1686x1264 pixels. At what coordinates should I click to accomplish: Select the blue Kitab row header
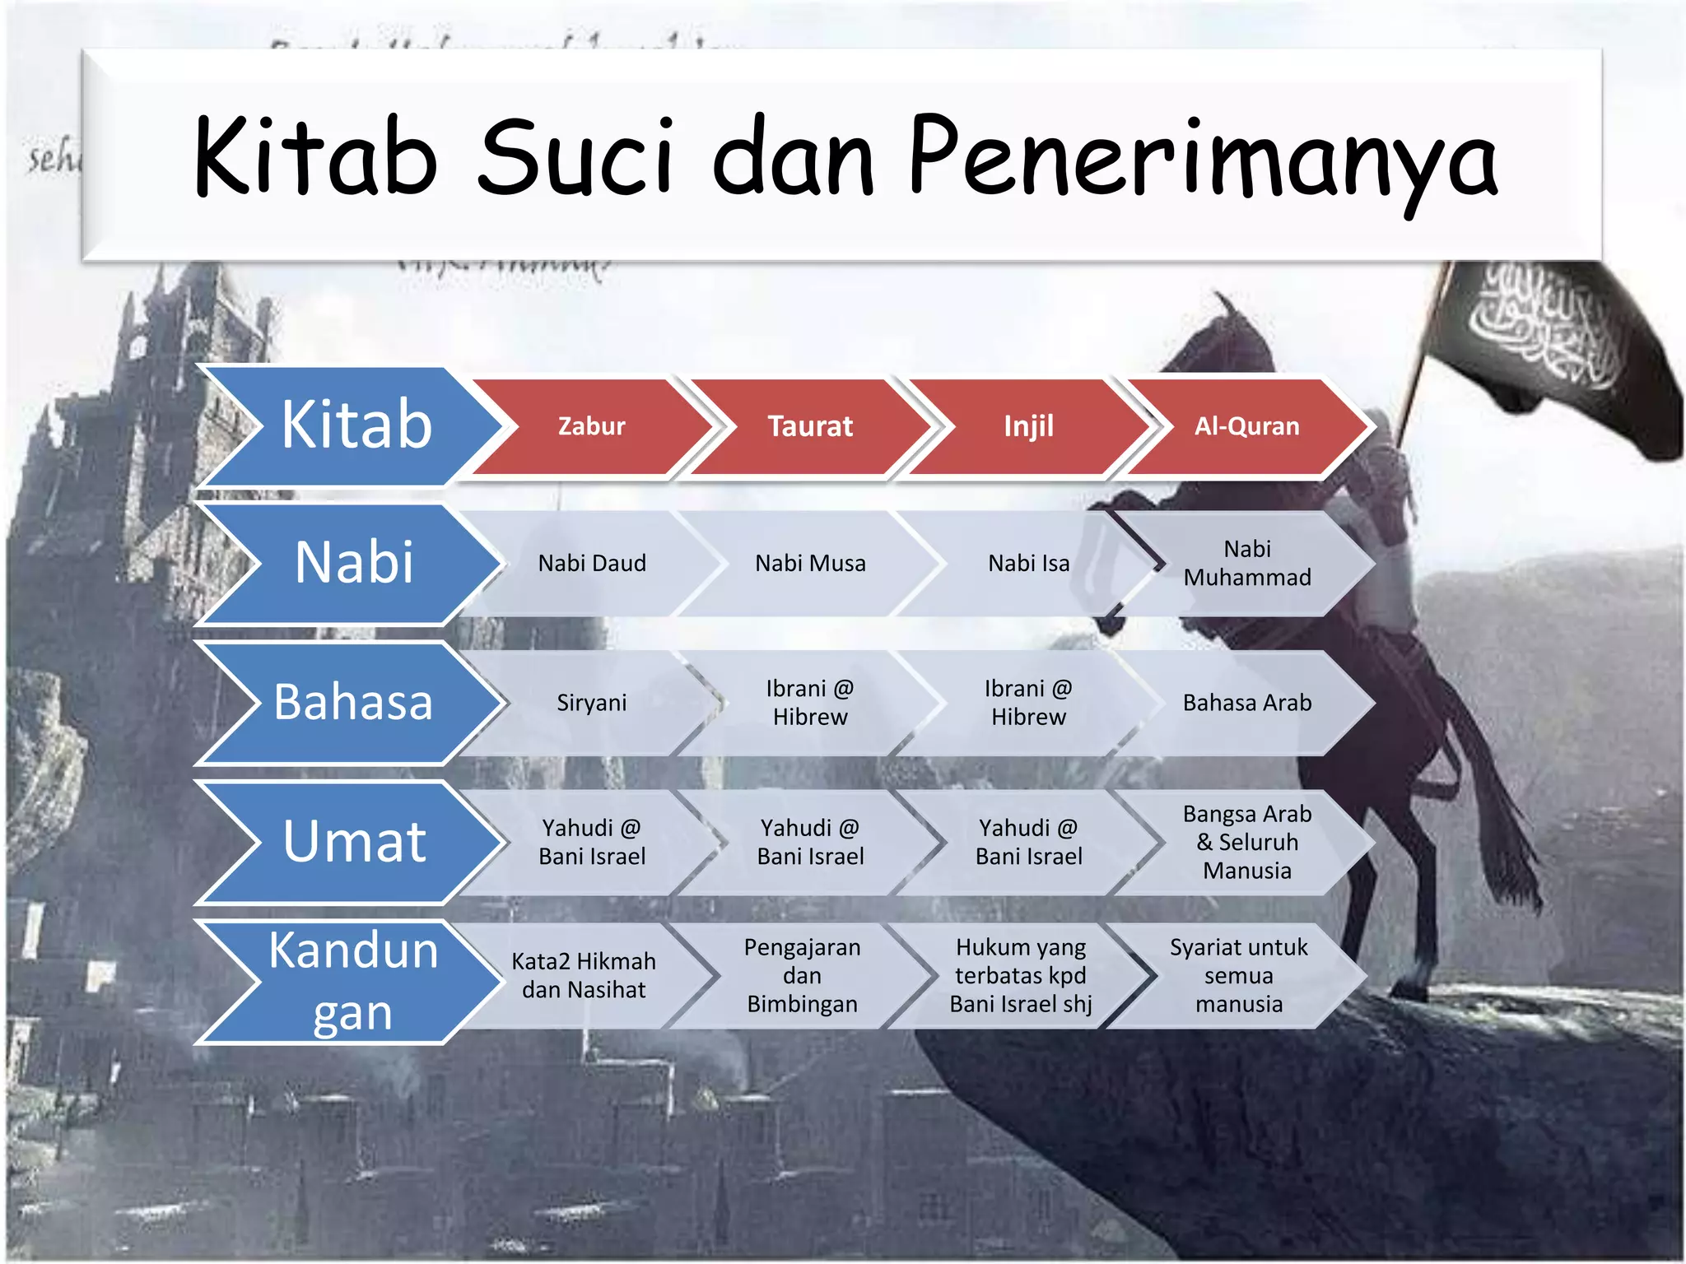pyautogui.click(x=355, y=425)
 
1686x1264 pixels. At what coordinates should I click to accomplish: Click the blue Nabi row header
pyautogui.click(x=354, y=563)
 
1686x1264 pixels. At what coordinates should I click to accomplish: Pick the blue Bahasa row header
pyautogui.click(x=353, y=702)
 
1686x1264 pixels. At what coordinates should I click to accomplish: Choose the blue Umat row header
pyautogui.click(x=354, y=841)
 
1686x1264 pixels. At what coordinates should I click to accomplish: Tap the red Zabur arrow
pyautogui.click(x=591, y=426)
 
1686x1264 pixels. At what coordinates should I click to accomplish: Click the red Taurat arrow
pyautogui.click(x=810, y=426)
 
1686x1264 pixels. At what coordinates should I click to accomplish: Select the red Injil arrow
pyautogui.click(x=1028, y=426)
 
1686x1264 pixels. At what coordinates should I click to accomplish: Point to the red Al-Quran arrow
pyautogui.click(x=1246, y=426)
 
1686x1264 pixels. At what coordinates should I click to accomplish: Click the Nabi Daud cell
pyautogui.click(x=591, y=564)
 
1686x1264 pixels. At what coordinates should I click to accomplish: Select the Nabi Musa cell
pyautogui.click(x=810, y=564)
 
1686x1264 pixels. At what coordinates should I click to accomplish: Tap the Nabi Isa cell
pyautogui.click(x=1028, y=564)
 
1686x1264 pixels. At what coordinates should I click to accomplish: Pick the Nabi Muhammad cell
pyautogui.click(x=1246, y=564)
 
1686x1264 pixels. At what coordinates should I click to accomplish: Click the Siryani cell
pyautogui.click(x=591, y=703)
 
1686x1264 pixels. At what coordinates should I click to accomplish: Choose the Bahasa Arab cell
pyautogui.click(x=1246, y=703)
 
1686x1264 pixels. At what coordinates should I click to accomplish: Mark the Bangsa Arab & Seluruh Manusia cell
pyautogui.click(x=1246, y=842)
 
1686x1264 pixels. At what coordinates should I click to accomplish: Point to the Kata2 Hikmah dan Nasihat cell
pyautogui.click(x=584, y=975)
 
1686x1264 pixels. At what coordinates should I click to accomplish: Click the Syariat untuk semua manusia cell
pyautogui.click(x=1238, y=975)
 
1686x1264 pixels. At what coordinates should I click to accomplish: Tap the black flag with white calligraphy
pyautogui.click(x=1556, y=346)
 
